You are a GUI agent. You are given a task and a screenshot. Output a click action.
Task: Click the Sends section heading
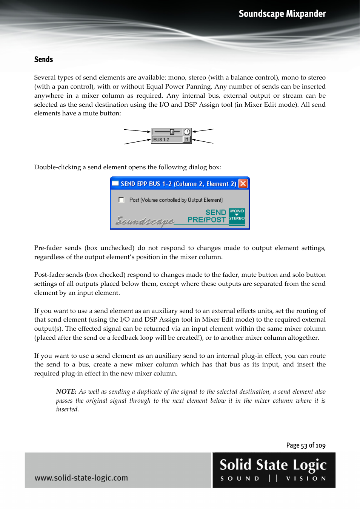pyautogui.click(x=43, y=60)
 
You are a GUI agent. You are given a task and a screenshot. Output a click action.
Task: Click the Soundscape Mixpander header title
pyautogui.click(x=282, y=14)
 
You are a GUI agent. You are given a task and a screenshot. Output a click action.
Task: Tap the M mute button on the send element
pyautogui.click(x=186, y=140)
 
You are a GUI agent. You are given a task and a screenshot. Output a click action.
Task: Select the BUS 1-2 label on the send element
pyautogui.click(x=162, y=140)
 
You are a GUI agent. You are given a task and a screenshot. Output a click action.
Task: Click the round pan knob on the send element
pyautogui.click(x=187, y=132)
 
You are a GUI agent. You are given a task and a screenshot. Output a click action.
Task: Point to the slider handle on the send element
pyautogui.click(x=172, y=132)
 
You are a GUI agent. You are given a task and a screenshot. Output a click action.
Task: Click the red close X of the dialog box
pyautogui.click(x=243, y=184)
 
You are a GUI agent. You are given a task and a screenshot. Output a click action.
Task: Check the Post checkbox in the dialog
pyautogui.click(x=121, y=200)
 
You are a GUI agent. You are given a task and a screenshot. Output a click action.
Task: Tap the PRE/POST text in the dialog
pyautogui.click(x=206, y=220)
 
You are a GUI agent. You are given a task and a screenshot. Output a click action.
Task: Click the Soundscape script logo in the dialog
pyautogui.click(x=145, y=221)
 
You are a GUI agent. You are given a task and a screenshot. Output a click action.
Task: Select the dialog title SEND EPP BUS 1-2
pyautogui.click(x=178, y=184)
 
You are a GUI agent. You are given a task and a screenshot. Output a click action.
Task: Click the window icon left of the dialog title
pyautogui.click(x=115, y=184)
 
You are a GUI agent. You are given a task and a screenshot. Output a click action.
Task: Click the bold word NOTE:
pyautogui.click(x=66, y=392)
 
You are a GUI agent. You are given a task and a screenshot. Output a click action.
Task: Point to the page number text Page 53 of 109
pyautogui.click(x=306, y=445)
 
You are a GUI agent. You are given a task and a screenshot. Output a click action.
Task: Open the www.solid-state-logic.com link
pyautogui.click(x=81, y=478)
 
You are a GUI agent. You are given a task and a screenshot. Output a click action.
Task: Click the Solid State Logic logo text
pyautogui.click(x=273, y=465)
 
